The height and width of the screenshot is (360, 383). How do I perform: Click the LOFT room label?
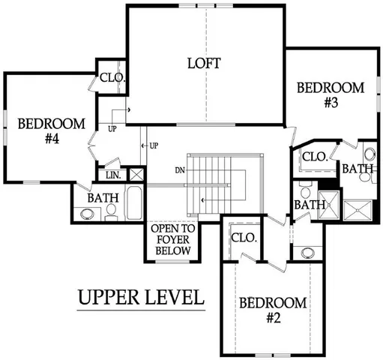204,63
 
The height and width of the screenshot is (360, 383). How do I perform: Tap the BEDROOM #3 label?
331,94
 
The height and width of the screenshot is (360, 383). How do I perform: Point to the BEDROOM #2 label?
274,310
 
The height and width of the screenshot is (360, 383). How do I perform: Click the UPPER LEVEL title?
141,297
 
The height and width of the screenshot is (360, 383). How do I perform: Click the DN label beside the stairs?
180,170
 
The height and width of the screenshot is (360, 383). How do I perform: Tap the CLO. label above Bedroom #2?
244,237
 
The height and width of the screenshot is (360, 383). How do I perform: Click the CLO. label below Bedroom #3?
313,157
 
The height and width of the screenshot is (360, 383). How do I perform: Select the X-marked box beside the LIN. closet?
136,174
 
